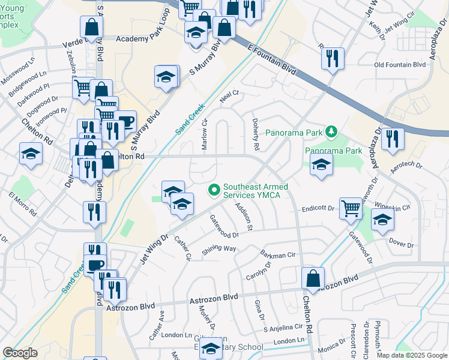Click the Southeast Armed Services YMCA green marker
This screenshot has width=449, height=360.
[x=212, y=190]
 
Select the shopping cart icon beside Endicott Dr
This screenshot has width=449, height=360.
[x=351, y=209]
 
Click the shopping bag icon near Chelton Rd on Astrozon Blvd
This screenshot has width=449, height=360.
[x=313, y=278]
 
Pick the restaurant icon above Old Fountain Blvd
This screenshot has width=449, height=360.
[x=332, y=58]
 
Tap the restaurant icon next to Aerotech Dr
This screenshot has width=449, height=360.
[x=393, y=139]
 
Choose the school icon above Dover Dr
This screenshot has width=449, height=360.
[x=382, y=220]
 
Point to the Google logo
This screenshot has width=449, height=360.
[x=20, y=352]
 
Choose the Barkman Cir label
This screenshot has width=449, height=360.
[x=278, y=254]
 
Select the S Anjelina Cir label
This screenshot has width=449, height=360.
[x=283, y=327]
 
